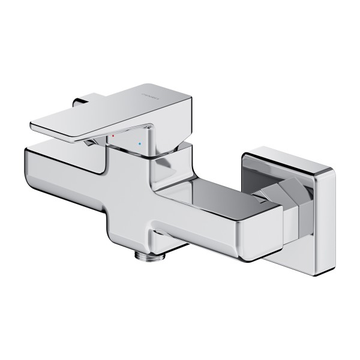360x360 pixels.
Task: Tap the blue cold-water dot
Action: (x=140, y=145)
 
